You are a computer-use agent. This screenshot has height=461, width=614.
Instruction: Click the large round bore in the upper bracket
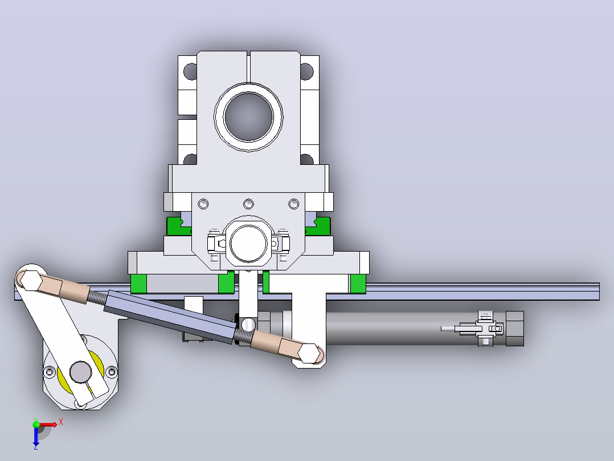[x=248, y=116]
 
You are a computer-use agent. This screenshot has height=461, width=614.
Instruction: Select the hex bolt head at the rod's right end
[x=309, y=353]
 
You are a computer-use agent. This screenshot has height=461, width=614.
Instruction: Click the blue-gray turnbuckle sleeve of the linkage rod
[x=170, y=316]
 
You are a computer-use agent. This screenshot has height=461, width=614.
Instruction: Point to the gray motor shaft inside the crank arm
[x=81, y=371]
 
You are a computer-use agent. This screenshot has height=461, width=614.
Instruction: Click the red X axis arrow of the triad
[x=49, y=424]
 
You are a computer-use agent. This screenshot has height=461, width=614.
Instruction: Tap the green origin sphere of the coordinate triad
[x=36, y=424]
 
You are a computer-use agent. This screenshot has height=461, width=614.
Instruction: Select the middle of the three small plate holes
[x=248, y=204]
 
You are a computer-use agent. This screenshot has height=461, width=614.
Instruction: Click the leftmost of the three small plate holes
[x=203, y=204]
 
